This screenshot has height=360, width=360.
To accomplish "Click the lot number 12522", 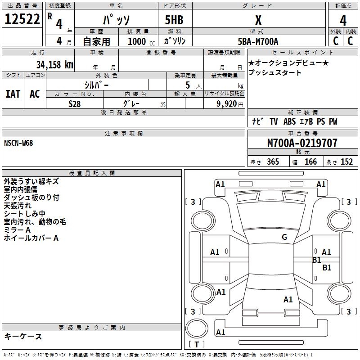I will [x=22, y=19].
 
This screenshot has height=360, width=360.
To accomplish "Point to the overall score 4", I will [x=343, y=21].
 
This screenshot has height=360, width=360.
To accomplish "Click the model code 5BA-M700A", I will [x=258, y=41].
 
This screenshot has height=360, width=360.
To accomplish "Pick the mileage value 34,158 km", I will [x=54, y=64].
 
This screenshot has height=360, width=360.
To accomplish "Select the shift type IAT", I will [x=13, y=94].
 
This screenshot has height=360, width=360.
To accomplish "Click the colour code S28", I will [x=74, y=103].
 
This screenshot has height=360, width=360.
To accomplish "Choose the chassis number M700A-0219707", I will [x=302, y=143].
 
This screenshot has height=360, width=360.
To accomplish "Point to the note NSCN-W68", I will [x=18, y=143].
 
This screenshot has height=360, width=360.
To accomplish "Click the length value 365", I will [x=273, y=162].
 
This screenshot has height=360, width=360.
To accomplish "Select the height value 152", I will [x=346, y=162].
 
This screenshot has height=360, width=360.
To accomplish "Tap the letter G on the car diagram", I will [x=284, y=237].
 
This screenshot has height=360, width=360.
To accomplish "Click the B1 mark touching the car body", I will [x=316, y=260].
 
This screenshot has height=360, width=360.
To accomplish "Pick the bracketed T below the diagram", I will [x=196, y=344].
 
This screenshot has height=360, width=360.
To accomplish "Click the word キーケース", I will [x=23, y=336].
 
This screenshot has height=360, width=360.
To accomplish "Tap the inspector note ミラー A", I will [x=17, y=230].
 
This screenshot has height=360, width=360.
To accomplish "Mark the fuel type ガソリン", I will [x=175, y=41].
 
